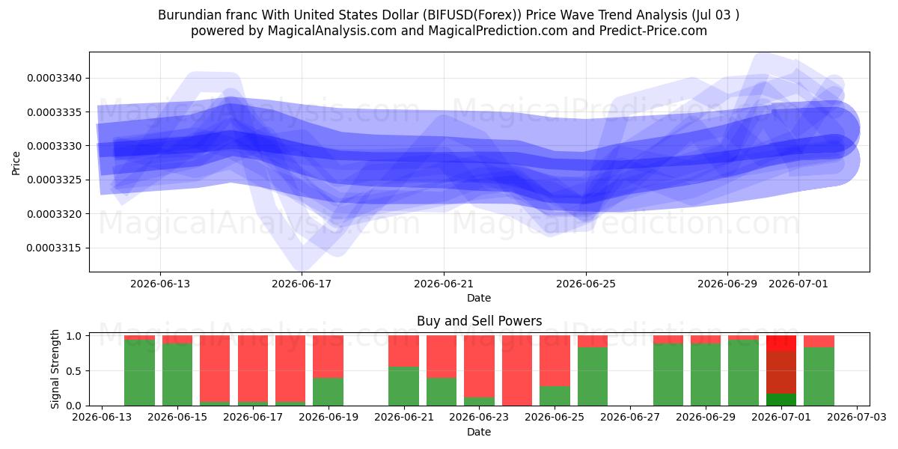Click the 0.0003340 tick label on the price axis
[54, 78]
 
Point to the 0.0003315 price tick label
[54, 248]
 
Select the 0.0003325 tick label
[54, 180]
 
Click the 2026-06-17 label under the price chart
[302, 284]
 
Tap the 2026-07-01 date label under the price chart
[798, 284]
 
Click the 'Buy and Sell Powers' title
[479, 321]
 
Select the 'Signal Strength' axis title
[55, 369]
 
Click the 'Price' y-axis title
[16, 163]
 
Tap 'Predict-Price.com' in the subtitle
[653, 31]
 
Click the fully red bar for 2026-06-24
[517, 370]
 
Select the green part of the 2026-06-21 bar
[403, 386]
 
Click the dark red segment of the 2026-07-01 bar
[781, 373]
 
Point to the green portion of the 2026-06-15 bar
[177, 374]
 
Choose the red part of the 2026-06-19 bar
[329, 357]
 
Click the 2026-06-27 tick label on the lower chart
[630, 417]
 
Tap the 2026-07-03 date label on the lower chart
[857, 417]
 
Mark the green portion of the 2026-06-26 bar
[593, 376]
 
